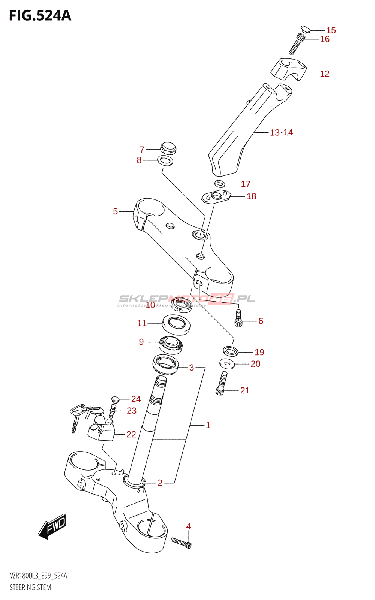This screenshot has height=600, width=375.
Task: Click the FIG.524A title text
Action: click(40, 16)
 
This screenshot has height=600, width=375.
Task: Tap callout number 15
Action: click(331, 30)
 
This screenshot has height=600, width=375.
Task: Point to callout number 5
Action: click(115, 211)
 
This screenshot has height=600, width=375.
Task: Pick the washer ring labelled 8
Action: click(165, 161)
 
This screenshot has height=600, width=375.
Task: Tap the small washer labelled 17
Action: click(220, 184)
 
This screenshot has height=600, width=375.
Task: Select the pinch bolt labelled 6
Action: click(238, 317)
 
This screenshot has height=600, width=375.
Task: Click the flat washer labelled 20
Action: click(227, 363)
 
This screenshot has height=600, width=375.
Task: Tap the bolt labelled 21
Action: click(221, 383)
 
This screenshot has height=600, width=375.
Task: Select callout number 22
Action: click(131, 434)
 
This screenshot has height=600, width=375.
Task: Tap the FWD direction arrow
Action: click(52, 526)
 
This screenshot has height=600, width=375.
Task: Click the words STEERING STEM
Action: click(30, 587)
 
